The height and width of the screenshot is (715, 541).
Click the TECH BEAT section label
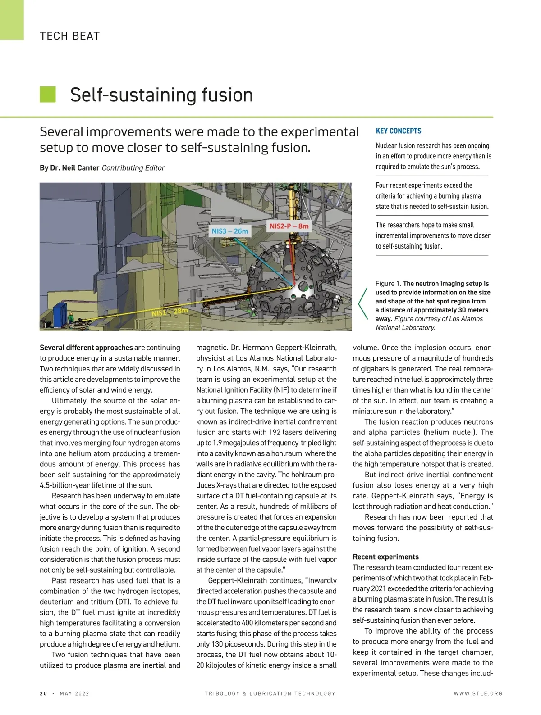coord(69,36)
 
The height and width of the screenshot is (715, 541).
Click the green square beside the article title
coord(48,95)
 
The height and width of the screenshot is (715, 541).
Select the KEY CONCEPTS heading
coord(399,131)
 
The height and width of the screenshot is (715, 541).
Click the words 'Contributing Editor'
coord(133,168)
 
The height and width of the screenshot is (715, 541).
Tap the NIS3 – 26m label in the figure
coord(230,231)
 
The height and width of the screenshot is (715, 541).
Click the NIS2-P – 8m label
coord(289,226)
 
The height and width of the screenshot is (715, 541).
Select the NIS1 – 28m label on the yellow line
coord(170,312)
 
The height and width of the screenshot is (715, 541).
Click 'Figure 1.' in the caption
coord(388,284)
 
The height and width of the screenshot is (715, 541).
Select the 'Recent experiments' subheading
coord(385,557)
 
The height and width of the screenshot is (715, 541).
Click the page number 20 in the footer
coord(43,693)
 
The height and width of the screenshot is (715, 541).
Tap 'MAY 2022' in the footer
coord(74,693)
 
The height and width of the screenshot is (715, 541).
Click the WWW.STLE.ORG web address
coord(478,693)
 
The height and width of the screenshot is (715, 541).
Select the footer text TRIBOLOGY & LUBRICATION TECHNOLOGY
coord(270,693)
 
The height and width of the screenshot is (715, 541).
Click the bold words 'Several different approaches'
coord(86,348)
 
